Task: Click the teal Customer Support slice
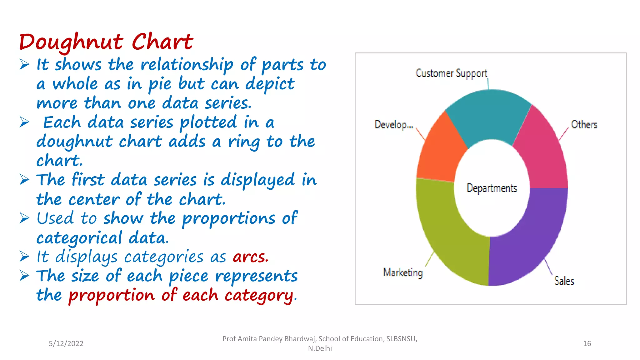click(489, 116)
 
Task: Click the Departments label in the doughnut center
click(492, 188)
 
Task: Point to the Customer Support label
click(451, 73)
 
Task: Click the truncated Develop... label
click(394, 125)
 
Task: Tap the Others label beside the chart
click(584, 125)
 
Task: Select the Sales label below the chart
click(564, 281)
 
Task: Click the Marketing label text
click(403, 272)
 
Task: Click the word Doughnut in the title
click(71, 42)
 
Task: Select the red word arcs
click(250, 257)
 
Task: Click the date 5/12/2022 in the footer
click(66, 343)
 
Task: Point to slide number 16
click(587, 343)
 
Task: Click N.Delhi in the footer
click(320, 348)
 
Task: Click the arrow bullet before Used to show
click(24, 218)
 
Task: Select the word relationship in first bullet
click(187, 65)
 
